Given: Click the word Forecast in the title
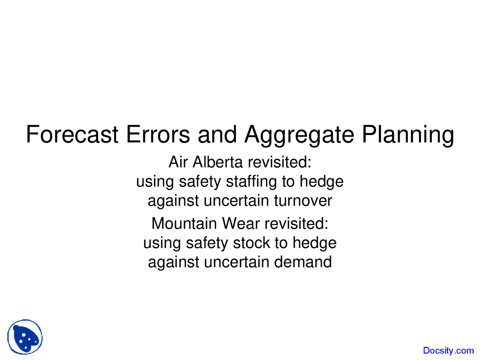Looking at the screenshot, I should (72, 134).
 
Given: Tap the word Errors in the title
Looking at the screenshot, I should (158, 134).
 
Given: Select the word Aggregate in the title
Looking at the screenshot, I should (299, 135).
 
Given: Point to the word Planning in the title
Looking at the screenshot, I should (408, 135).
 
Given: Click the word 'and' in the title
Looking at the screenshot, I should (217, 134).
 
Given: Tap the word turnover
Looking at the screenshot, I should (303, 201).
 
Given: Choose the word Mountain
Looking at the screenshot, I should (184, 224).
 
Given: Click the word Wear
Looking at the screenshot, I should (241, 224).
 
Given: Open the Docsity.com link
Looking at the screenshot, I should (448, 351).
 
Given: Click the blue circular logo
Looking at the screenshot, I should (25, 337).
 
